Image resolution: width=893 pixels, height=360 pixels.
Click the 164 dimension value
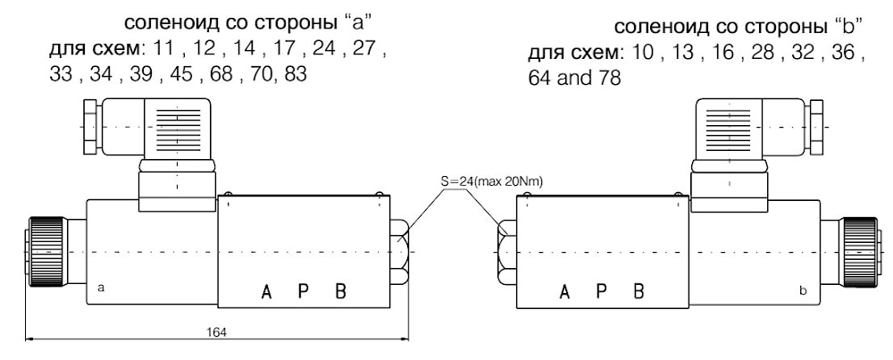tap(216, 331)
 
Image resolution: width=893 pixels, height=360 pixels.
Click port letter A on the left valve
tap(265, 291)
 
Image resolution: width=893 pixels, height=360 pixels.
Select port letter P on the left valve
tap(304, 291)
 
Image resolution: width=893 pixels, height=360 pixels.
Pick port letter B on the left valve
tap(340, 291)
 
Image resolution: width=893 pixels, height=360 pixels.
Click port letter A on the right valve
tap(563, 291)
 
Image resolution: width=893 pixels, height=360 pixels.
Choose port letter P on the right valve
tap(602, 291)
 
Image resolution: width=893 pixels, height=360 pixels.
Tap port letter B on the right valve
tap(638, 291)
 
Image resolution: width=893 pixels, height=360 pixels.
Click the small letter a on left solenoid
tap(101, 289)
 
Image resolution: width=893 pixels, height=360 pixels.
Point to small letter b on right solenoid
tap(804, 290)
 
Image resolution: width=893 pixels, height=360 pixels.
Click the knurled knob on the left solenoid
tap(43, 251)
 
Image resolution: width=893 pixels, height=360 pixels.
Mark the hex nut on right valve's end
tap(505, 251)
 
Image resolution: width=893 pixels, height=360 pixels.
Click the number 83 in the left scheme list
tap(293, 75)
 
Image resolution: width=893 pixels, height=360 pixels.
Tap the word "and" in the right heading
tap(569, 79)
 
